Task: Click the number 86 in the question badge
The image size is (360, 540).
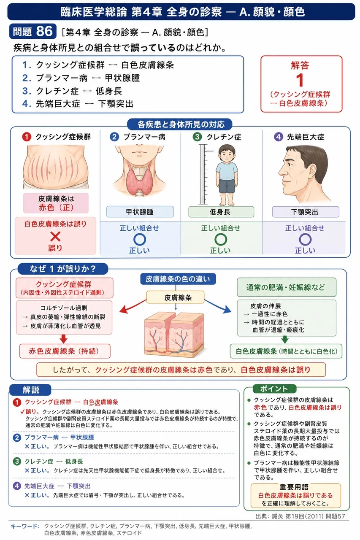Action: point(45,31)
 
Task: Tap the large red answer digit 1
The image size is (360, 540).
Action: point(300,80)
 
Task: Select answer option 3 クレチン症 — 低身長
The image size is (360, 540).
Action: point(72,91)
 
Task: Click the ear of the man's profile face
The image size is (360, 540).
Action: point(312,172)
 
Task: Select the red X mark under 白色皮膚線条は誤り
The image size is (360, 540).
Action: point(55,237)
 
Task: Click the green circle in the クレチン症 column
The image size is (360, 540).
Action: point(221,239)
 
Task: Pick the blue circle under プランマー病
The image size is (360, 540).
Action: point(140,239)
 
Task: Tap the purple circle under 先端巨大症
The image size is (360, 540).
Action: point(305,239)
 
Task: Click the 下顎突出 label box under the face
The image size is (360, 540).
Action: point(305,212)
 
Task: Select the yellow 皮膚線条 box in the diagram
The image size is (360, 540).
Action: point(175,297)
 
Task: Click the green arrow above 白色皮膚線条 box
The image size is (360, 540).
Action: point(285,339)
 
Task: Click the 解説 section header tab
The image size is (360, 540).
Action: point(30,390)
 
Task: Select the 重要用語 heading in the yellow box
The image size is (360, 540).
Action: point(294,487)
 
